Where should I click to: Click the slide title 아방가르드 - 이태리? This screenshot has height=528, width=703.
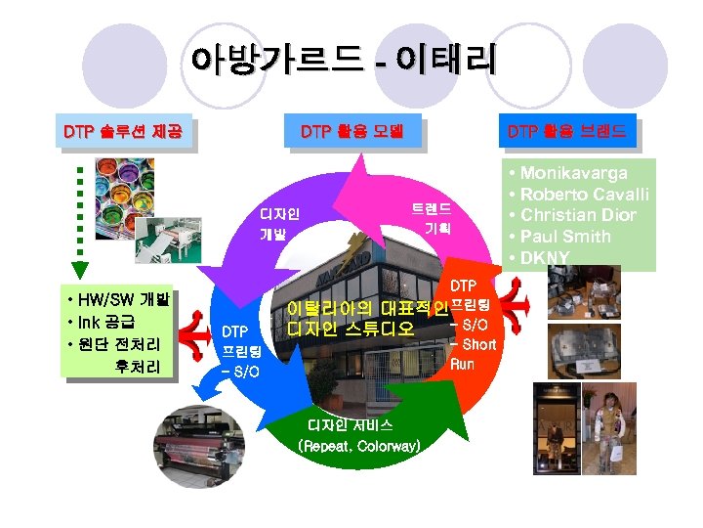point(344,60)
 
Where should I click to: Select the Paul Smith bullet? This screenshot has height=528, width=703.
point(565,237)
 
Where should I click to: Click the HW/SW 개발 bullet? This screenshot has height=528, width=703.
point(116,299)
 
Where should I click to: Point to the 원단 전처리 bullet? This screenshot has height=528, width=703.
point(116,344)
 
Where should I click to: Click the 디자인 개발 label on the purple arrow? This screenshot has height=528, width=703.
point(278,224)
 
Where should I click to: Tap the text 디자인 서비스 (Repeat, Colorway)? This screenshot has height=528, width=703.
point(358,436)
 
